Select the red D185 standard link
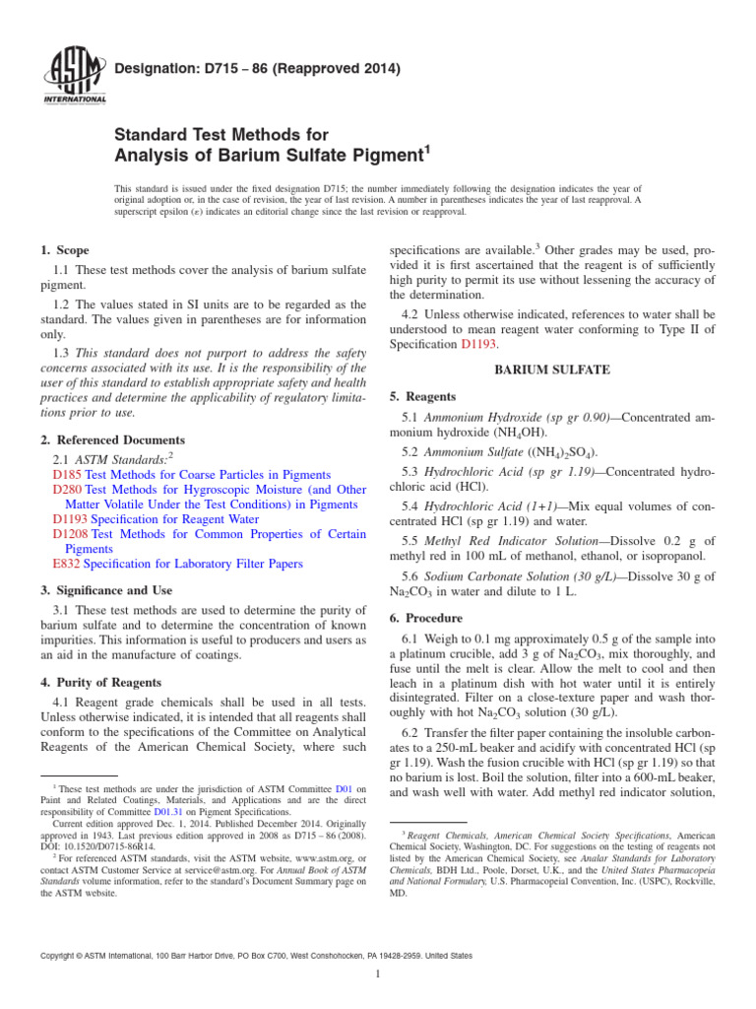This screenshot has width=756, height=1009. click(x=66, y=474)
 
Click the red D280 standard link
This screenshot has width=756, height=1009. click(x=67, y=489)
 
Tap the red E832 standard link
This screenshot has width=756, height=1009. click(x=66, y=564)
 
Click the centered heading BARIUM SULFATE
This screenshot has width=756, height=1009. click(x=550, y=370)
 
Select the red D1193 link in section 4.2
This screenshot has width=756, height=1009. click(x=481, y=345)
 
